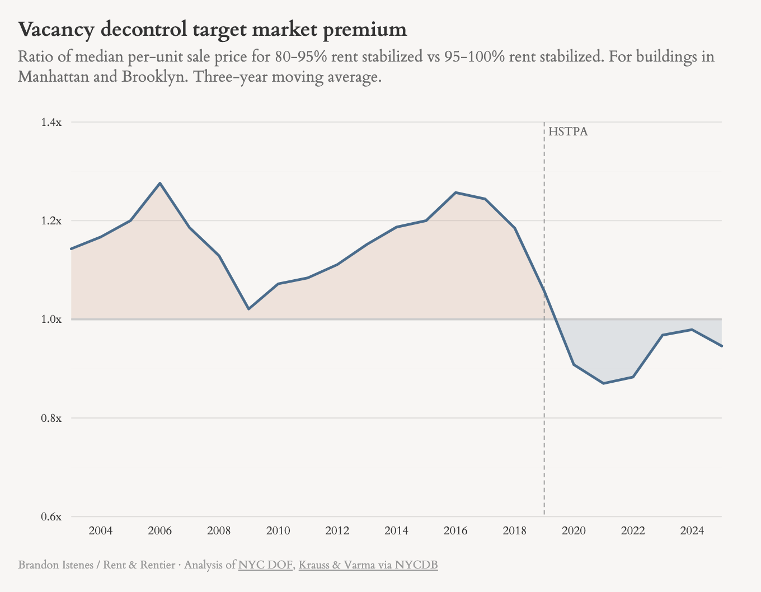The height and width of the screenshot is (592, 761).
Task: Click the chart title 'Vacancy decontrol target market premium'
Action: [212, 30]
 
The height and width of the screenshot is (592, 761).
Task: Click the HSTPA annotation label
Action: [568, 132]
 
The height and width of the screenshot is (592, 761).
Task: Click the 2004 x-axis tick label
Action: [101, 530]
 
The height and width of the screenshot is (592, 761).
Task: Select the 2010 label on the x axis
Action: [278, 530]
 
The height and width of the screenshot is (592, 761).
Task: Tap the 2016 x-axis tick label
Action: [455, 530]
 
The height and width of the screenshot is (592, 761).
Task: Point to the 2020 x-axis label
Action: [574, 530]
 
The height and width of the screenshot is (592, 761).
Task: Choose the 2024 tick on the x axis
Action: [692, 530]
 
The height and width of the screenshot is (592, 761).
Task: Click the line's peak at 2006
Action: [160, 183]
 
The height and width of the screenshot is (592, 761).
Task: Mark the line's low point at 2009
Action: [248, 309]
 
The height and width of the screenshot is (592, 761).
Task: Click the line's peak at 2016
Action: [455, 192]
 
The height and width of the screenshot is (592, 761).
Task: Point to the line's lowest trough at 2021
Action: [603, 383]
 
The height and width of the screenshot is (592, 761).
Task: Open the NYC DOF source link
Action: [265, 565]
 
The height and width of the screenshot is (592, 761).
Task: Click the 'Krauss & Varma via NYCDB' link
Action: [368, 565]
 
